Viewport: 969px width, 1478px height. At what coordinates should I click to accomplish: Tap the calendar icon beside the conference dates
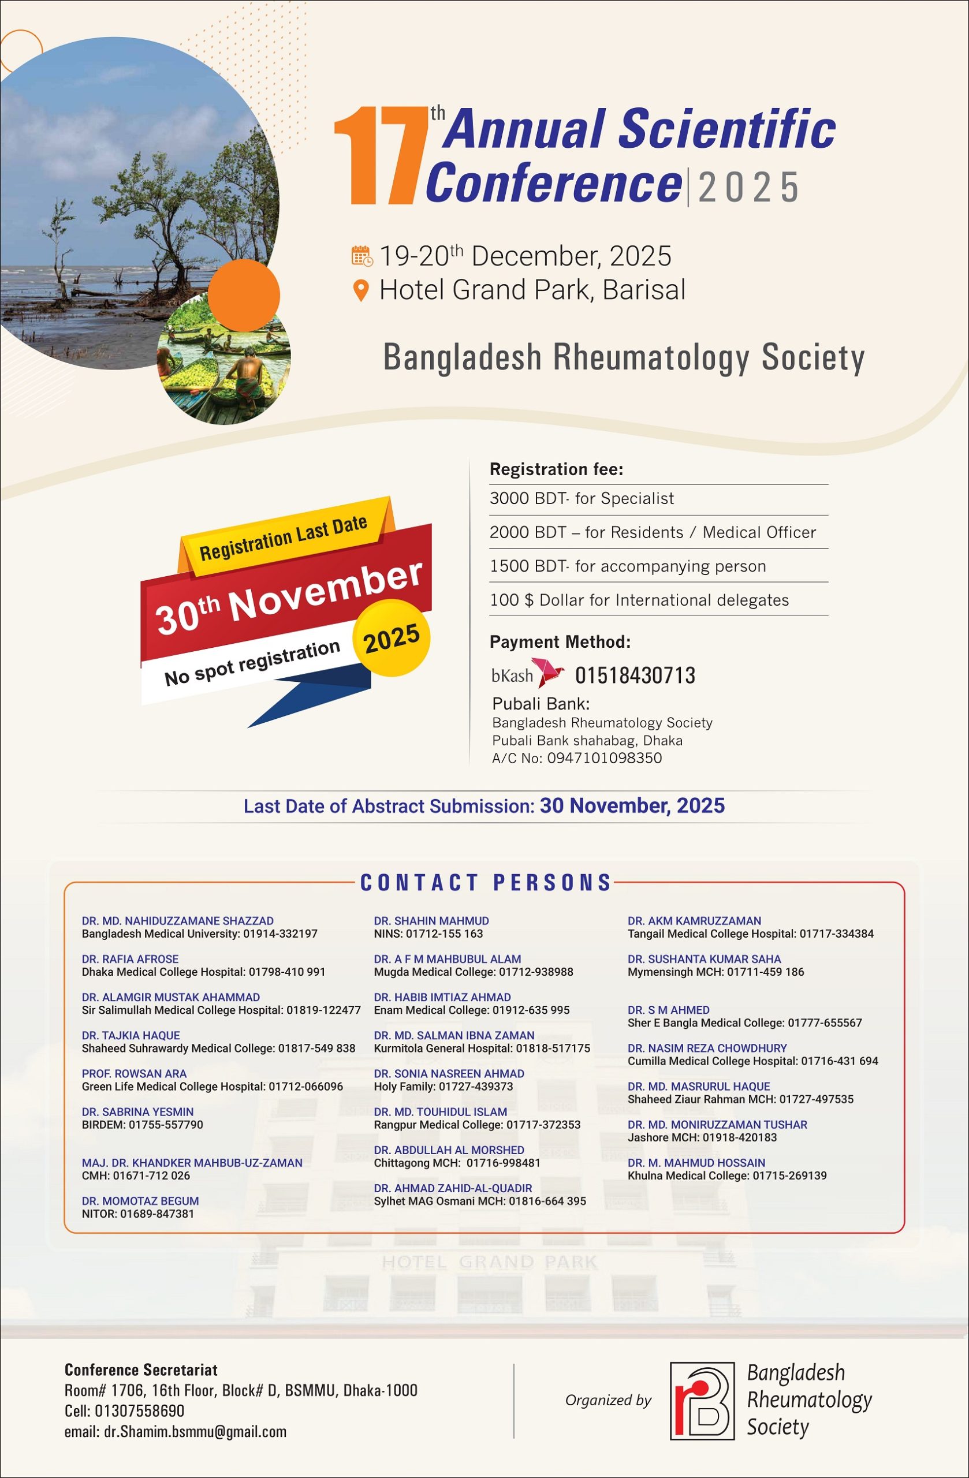362,255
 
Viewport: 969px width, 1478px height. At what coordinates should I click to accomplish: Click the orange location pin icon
361,290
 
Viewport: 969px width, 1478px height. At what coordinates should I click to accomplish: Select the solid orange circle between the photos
244,295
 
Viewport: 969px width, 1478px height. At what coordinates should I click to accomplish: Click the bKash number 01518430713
635,675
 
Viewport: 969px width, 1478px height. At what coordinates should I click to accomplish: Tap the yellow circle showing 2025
392,638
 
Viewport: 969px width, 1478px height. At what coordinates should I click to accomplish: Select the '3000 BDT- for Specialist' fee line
582,499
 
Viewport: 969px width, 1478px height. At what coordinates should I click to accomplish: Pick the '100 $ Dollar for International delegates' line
639,600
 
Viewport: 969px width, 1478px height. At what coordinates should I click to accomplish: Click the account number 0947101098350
605,757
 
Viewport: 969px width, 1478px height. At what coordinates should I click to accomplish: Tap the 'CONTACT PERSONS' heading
486,882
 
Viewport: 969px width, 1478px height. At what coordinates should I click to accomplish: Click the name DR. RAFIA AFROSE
130,959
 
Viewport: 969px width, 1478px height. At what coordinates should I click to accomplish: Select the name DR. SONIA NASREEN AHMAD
449,1073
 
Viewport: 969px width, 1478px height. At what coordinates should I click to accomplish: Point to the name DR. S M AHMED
668,1010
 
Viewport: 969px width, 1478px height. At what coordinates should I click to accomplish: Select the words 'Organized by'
608,1401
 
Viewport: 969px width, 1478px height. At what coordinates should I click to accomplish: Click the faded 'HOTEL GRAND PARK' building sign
489,1262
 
